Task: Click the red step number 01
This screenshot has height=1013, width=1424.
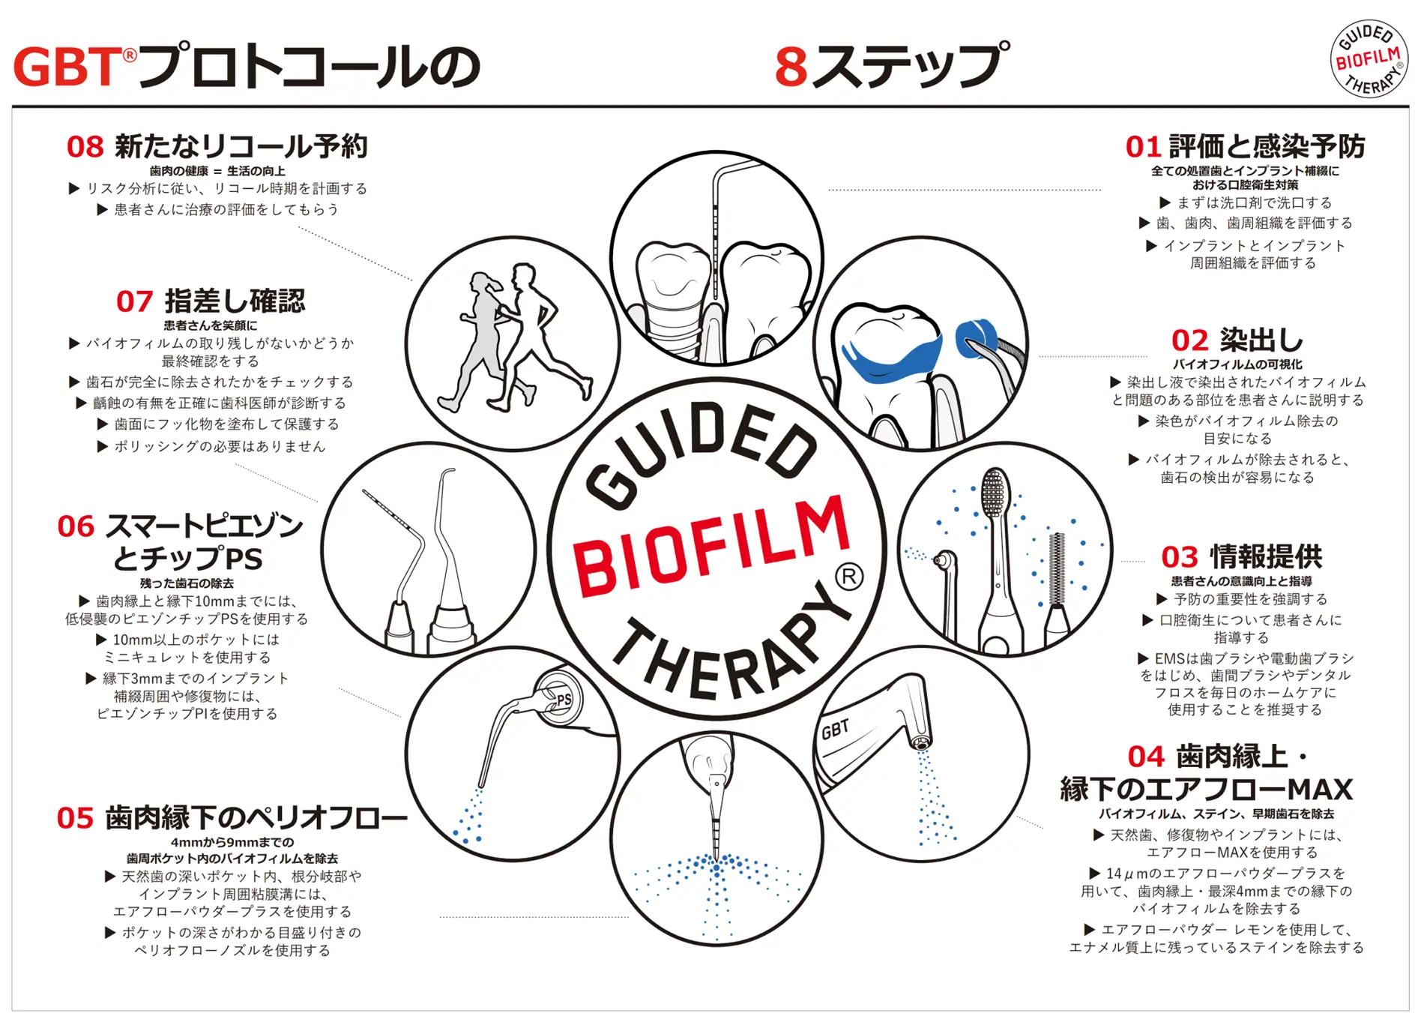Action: [x=1142, y=147]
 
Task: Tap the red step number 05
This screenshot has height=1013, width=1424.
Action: [x=75, y=818]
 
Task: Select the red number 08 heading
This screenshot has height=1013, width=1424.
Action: [x=85, y=147]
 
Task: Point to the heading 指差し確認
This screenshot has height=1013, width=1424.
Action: [x=235, y=301]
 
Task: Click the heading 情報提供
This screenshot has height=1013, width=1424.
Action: [x=1266, y=557]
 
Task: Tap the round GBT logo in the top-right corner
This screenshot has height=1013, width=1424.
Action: [x=1369, y=58]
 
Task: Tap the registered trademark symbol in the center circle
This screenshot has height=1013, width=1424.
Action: [x=848, y=577]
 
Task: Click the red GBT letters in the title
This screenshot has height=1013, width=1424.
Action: [x=67, y=67]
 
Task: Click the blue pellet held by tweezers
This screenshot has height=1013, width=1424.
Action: [x=974, y=337]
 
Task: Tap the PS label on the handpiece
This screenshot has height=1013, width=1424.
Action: [x=564, y=700]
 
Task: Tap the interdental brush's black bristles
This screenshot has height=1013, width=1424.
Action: [x=1057, y=568]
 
